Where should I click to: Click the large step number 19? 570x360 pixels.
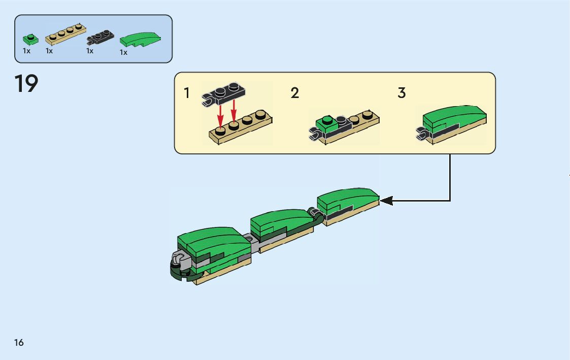tap(26, 84)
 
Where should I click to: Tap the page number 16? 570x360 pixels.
tap(19, 342)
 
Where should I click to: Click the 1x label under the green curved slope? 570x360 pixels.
tap(123, 52)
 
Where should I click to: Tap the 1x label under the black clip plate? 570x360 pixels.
tap(90, 51)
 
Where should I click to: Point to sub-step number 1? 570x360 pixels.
tap(187, 93)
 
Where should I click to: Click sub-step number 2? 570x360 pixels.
tap(295, 93)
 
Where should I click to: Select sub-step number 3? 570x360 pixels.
tap(401, 93)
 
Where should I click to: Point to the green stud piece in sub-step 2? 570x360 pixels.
tap(325, 122)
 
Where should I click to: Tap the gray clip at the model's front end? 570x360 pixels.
tap(179, 260)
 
